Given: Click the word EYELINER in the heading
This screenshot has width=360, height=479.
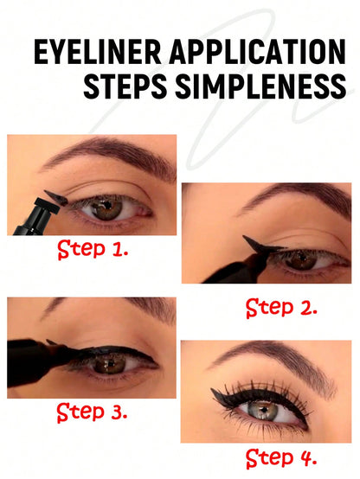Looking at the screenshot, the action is coord(97,51).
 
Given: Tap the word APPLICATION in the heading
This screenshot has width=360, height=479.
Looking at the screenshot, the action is coord(258,51).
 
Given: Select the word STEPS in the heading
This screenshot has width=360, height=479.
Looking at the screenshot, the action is coord(125,86).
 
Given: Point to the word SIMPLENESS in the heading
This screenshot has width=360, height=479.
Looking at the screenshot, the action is coord(260,86).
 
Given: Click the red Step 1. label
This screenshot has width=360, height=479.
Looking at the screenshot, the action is coord(93,250).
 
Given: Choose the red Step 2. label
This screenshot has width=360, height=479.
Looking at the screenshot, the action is coord(281,308).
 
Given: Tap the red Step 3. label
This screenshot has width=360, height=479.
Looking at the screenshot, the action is coord(92,412).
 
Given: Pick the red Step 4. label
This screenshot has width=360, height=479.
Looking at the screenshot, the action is coord(280,459).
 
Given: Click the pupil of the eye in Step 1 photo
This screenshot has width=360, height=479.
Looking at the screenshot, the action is coord(106,204).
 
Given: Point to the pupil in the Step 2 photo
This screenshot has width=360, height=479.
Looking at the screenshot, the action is coord(303,259).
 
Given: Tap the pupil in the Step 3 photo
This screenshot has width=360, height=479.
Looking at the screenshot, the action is coord(111,363).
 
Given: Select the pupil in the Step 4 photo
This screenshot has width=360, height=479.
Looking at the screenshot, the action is coord(264,409).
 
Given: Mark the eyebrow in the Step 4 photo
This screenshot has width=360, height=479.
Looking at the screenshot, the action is coord(275,362).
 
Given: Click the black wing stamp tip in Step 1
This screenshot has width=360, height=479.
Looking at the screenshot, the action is coord(56,198).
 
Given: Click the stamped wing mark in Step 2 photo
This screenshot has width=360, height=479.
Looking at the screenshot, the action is coord(260,245).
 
